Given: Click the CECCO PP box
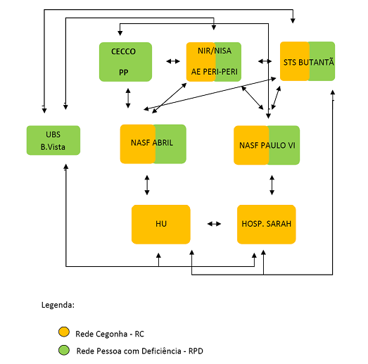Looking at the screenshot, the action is [x=125, y=62].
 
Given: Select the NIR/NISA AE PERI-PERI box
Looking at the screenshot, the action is [x=214, y=62].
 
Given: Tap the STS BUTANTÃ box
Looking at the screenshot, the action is [x=307, y=61].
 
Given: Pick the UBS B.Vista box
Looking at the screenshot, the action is [x=53, y=140].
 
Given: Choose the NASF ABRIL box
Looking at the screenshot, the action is [x=153, y=144].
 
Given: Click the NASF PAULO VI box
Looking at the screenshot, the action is [x=267, y=145].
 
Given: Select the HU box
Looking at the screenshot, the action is [x=161, y=225].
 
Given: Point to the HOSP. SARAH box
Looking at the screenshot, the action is [x=267, y=225].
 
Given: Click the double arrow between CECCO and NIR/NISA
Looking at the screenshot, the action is [x=173, y=61].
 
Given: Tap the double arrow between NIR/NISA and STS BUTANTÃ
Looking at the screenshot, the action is [x=265, y=61].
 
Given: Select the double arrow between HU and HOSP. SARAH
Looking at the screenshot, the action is [x=214, y=224].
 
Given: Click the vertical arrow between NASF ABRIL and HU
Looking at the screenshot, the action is [x=147, y=185].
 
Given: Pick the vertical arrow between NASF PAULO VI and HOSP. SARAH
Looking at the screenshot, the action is [x=272, y=185].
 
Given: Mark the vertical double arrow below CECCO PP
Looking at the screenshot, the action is [x=128, y=98].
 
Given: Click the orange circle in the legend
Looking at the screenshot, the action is [x=64, y=332].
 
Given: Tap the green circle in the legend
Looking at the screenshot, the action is [x=64, y=350].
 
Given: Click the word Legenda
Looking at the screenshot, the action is [x=58, y=305].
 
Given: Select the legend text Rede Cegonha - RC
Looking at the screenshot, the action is [x=110, y=334].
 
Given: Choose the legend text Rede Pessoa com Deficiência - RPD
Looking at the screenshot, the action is [x=140, y=351].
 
